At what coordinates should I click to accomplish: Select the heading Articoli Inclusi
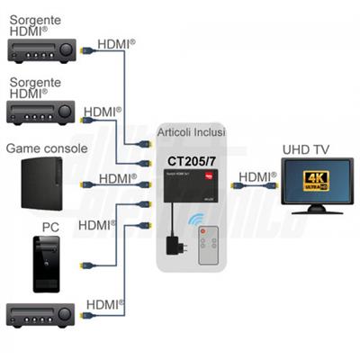pos(192,132)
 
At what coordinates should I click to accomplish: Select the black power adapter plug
pos(175,245)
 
